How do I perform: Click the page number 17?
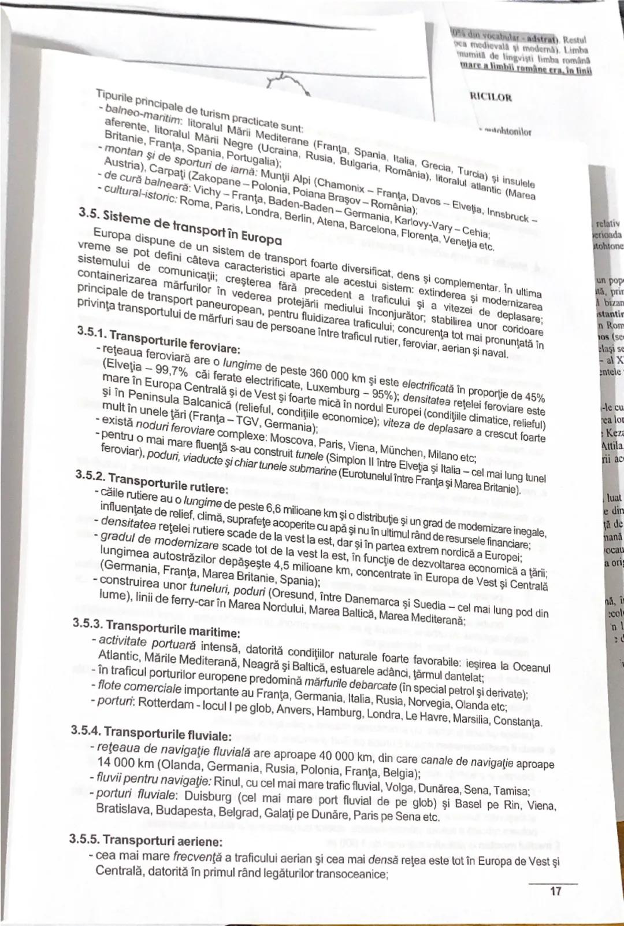[555, 891]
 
